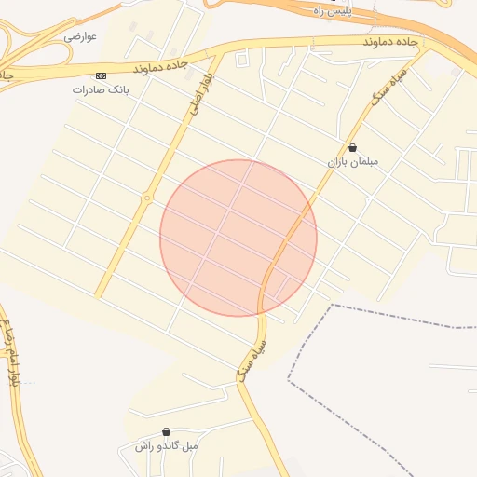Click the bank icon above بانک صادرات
pos(101,75)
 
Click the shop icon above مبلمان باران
pos(352,147)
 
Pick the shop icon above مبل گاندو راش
pos(166,431)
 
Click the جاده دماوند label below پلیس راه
pos(383,43)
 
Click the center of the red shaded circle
pos(238,238)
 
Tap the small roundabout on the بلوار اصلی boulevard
pos(146,198)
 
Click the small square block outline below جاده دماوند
pos(243,61)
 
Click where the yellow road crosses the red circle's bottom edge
pos(264,312)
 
